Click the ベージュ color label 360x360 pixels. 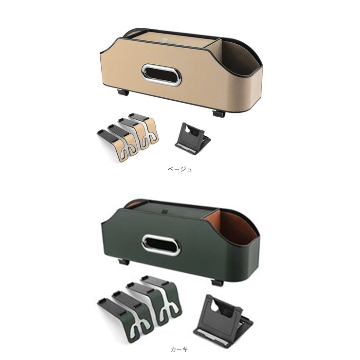click(x=180, y=169)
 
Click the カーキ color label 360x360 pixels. click(x=179, y=349)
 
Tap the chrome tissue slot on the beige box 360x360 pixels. click(x=161, y=75)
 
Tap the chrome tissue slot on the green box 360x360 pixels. click(x=161, y=245)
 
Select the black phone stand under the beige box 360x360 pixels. click(x=192, y=139)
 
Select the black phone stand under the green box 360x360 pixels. click(x=223, y=320)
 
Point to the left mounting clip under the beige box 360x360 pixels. click(x=123, y=92)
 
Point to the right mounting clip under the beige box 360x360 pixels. click(x=219, y=114)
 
